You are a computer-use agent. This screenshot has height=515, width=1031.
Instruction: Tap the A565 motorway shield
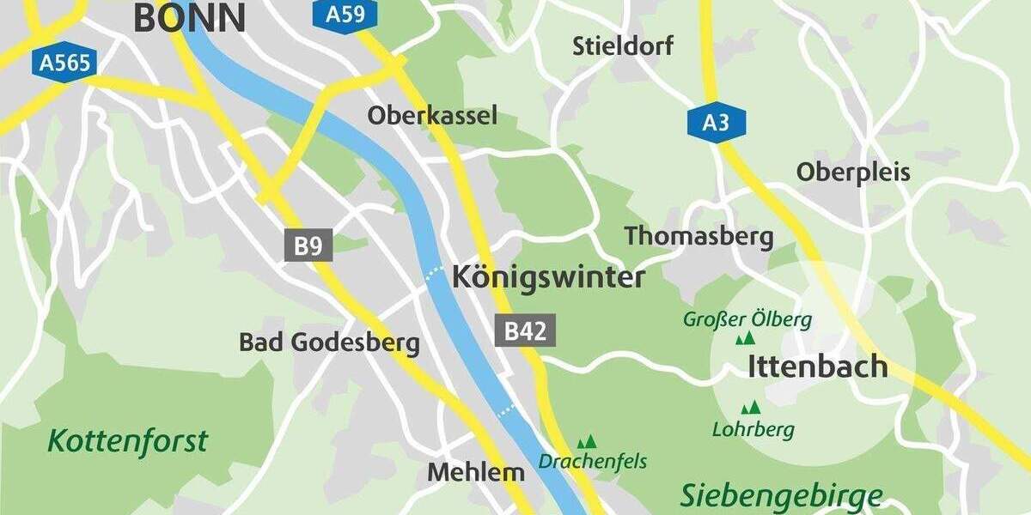pyautogui.click(x=67, y=62)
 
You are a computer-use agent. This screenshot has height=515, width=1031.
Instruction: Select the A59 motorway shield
pyautogui.click(x=345, y=15)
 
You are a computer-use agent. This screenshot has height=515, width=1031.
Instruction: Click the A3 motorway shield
pyautogui.click(x=716, y=123)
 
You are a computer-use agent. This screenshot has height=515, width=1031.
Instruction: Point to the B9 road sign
pyautogui.click(x=308, y=246)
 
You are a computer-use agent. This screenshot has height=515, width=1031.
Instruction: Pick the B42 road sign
pyautogui.click(x=524, y=330)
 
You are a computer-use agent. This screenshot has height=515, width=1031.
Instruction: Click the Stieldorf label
pyautogui.click(x=623, y=45)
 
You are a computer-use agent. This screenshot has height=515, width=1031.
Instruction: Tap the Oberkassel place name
pyautogui.click(x=432, y=115)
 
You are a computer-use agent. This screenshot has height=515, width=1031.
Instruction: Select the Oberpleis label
pyautogui.click(x=852, y=172)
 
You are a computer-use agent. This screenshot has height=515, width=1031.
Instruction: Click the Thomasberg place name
pyautogui.click(x=699, y=236)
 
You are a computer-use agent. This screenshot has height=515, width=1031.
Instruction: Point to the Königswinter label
pyautogui.click(x=548, y=277)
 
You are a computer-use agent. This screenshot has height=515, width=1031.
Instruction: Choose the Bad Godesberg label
pyautogui.click(x=329, y=342)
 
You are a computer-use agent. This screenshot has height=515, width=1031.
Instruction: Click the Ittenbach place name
pyautogui.click(x=818, y=367)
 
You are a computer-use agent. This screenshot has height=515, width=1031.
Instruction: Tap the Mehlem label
pyautogui.click(x=476, y=471)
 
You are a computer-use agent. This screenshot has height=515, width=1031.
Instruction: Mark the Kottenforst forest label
pyautogui.click(x=127, y=441)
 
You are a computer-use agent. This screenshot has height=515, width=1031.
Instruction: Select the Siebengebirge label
pyautogui.click(x=781, y=495)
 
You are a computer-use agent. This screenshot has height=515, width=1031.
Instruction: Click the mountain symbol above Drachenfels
pyautogui.click(x=587, y=442)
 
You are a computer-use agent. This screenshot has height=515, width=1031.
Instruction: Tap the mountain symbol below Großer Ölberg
pyautogui.click(x=745, y=339)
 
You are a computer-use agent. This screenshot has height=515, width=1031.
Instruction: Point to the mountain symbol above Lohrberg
pyautogui.click(x=751, y=407)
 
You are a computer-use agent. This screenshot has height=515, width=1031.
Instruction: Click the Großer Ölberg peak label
pyautogui.click(x=747, y=320)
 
